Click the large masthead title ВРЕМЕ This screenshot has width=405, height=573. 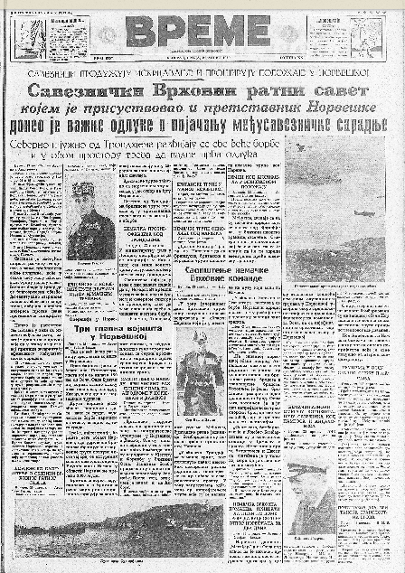pyautogui.click(x=198, y=31)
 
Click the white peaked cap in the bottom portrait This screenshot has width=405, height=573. pyautogui.click(x=307, y=474)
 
